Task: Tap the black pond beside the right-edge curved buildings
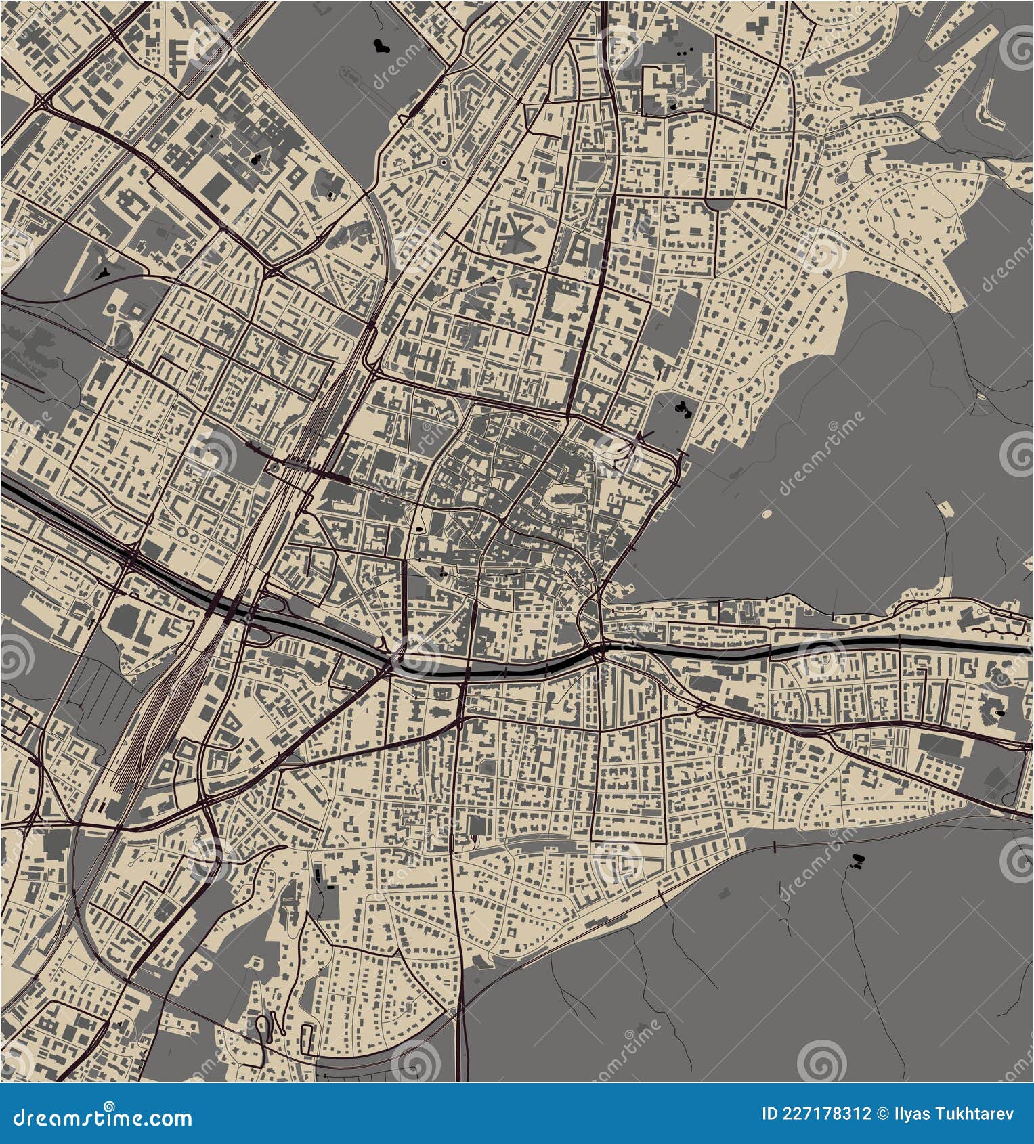1000,712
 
